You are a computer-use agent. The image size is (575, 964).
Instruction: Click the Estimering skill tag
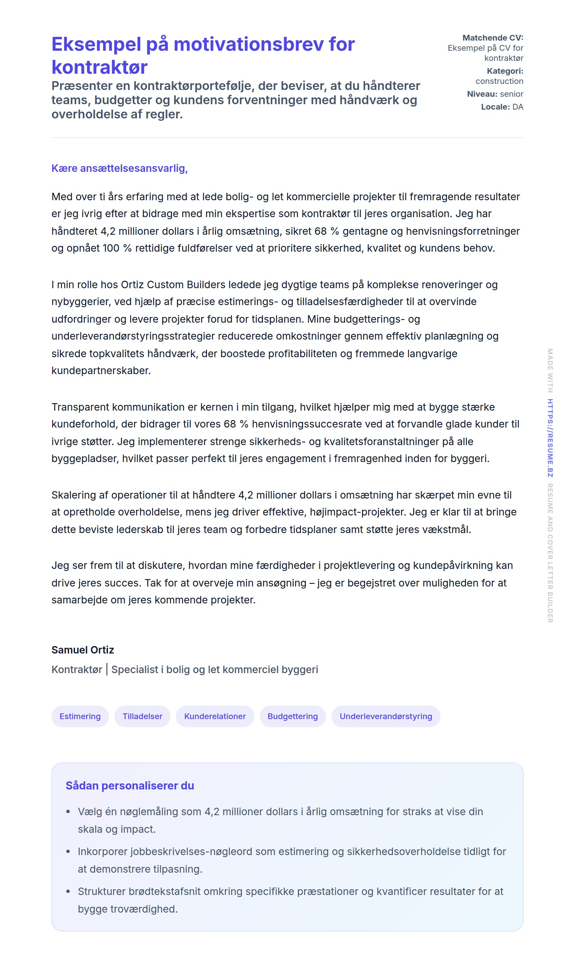click(x=80, y=716)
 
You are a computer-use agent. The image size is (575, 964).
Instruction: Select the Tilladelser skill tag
click(x=142, y=716)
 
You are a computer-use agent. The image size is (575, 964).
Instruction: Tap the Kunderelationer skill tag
click(x=215, y=716)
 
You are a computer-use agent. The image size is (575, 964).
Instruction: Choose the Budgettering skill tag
click(x=293, y=716)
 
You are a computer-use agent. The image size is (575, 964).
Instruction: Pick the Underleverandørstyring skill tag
click(x=386, y=716)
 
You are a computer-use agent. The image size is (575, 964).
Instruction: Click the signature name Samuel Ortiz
click(x=83, y=650)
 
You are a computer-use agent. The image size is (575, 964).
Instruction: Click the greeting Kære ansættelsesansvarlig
click(x=119, y=168)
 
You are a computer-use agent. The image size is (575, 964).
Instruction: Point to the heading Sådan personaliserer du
click(x=130, y=785)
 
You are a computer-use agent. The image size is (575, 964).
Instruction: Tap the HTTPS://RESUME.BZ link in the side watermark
click(x=550, y=438)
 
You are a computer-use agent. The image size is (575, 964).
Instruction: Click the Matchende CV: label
click(x=492, y=38)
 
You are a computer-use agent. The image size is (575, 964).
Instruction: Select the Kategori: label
click(x=505, y=71)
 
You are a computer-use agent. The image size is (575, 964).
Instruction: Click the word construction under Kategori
click(x=499, y=81)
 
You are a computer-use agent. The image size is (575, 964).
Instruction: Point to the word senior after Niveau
click(x=511, y=94)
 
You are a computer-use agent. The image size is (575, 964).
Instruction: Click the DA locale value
click(x=517, y=107)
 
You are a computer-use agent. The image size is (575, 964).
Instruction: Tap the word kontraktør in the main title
click(x=99, y=67)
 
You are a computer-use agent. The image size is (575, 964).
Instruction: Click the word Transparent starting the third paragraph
click(x=80, y=407)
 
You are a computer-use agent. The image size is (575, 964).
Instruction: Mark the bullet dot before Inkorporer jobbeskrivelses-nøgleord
click(x=68, y=852)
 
